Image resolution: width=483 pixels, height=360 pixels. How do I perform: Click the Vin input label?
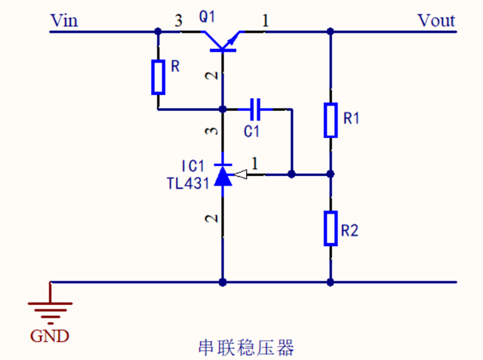[x=64, y=20]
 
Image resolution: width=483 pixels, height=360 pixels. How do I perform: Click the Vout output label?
[x=436, y=20]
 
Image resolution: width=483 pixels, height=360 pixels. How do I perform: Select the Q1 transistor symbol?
[x=223, y=42]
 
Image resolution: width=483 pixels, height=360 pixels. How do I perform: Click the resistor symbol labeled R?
[x=158, y=76]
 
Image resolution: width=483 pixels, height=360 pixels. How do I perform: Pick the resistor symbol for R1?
[x=330, y=120]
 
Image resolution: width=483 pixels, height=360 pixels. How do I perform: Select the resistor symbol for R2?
[x=330, y=229]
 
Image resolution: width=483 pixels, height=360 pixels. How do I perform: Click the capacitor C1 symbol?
[x=257, y=110]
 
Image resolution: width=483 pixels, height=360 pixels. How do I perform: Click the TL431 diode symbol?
[x=223, y=174]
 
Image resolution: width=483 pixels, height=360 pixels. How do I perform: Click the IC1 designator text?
[x=192, y=165]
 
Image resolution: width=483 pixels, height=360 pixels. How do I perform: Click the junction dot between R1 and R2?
[x=330, y=174]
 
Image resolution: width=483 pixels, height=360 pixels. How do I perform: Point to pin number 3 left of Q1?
[x=179, y=22]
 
